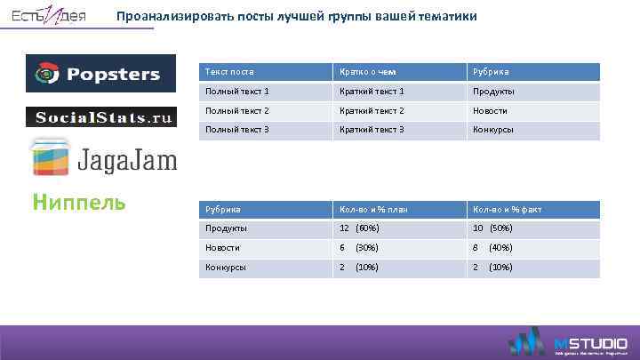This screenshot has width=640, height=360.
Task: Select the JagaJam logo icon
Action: click(x=52, y=157)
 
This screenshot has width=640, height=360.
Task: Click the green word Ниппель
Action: click(x=78, y=203)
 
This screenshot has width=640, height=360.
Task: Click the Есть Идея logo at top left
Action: click(x=49, y=17)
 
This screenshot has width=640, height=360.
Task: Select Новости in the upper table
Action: click(x=492, y=110)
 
